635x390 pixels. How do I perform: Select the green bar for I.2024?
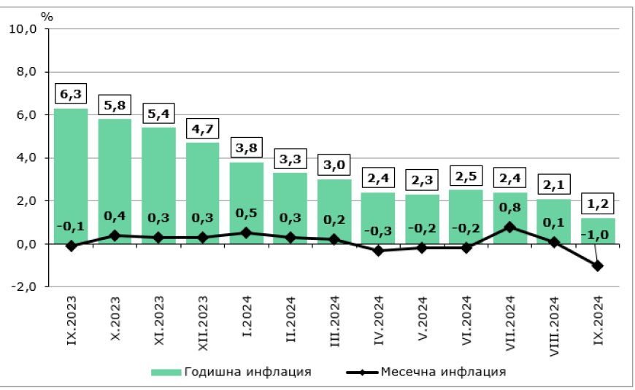[247, 197]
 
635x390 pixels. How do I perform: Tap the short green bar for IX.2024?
[599, 230]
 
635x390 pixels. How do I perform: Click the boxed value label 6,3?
[71, 95]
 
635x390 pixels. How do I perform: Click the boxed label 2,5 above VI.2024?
[466, 176]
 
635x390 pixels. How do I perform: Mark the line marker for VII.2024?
[510, 227]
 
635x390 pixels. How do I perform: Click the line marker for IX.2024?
[599, 266]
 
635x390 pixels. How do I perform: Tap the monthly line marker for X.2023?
[115, 235]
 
